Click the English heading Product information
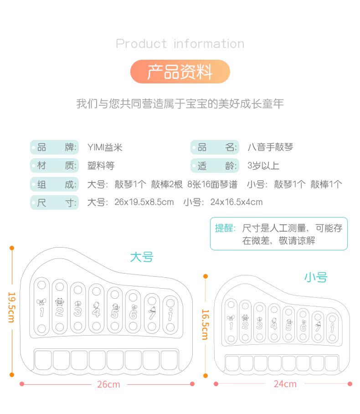click(180, 44)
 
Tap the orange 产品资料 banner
click(180, 72)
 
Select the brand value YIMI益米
click(105, 147)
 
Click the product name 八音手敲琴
click(270, 147)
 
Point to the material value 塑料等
click(101, 166)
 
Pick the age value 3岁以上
click(263, 166)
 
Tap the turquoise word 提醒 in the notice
click(225, 228)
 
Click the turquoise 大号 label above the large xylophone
click(142, 257)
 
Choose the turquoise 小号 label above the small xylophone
click(316, 277)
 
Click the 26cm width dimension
click(108, 384)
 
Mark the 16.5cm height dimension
click(205, 324)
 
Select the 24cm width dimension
click(285, 384)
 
